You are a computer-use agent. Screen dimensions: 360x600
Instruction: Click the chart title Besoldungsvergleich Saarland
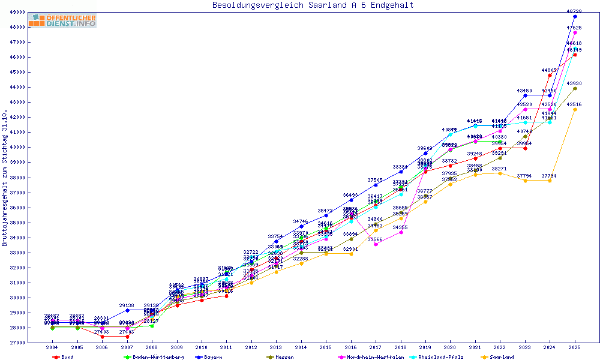pyautogui.click(x=313, y=5)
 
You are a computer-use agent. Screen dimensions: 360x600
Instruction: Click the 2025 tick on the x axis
pyautogui.click(x=575, y=347)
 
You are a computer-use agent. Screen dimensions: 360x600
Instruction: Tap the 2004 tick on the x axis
pyautogui.click(x=52, y=347)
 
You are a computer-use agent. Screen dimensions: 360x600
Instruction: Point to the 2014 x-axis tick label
pyautogui.click(x=301, y=347)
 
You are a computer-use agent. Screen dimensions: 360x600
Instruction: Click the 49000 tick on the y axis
pyautogui.click(x=17, y=12)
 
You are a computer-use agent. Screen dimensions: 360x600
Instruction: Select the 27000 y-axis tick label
pyautogui.click(x=17, y=343)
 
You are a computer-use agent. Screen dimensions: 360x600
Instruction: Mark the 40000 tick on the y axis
pyautogui.click(x=17, y=147)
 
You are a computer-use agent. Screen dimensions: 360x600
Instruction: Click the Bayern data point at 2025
pyautogui.click(x=575, y=16)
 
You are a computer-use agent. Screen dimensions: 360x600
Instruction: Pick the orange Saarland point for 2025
pyautogui.click(x=575, y=109)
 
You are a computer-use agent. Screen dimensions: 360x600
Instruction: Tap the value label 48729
pyautogui.click(x=574, y=11)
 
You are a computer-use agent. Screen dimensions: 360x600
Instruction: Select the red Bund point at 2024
pyautogui.click(x=550, y=75)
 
